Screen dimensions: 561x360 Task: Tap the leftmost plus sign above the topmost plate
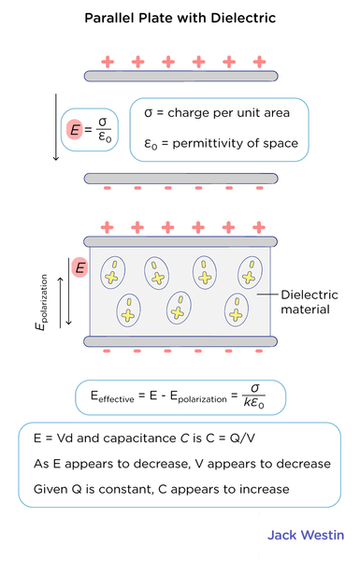[x=107, y=62]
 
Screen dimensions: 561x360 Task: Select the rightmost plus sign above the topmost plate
[x=259, y=62]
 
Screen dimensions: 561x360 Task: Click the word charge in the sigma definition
[x=194, y=113]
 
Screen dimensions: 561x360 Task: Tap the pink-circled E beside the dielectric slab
[x=80, y=268]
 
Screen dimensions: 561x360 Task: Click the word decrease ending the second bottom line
[x=297, y=464]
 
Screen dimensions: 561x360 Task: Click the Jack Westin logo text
[x=306, y=536]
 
